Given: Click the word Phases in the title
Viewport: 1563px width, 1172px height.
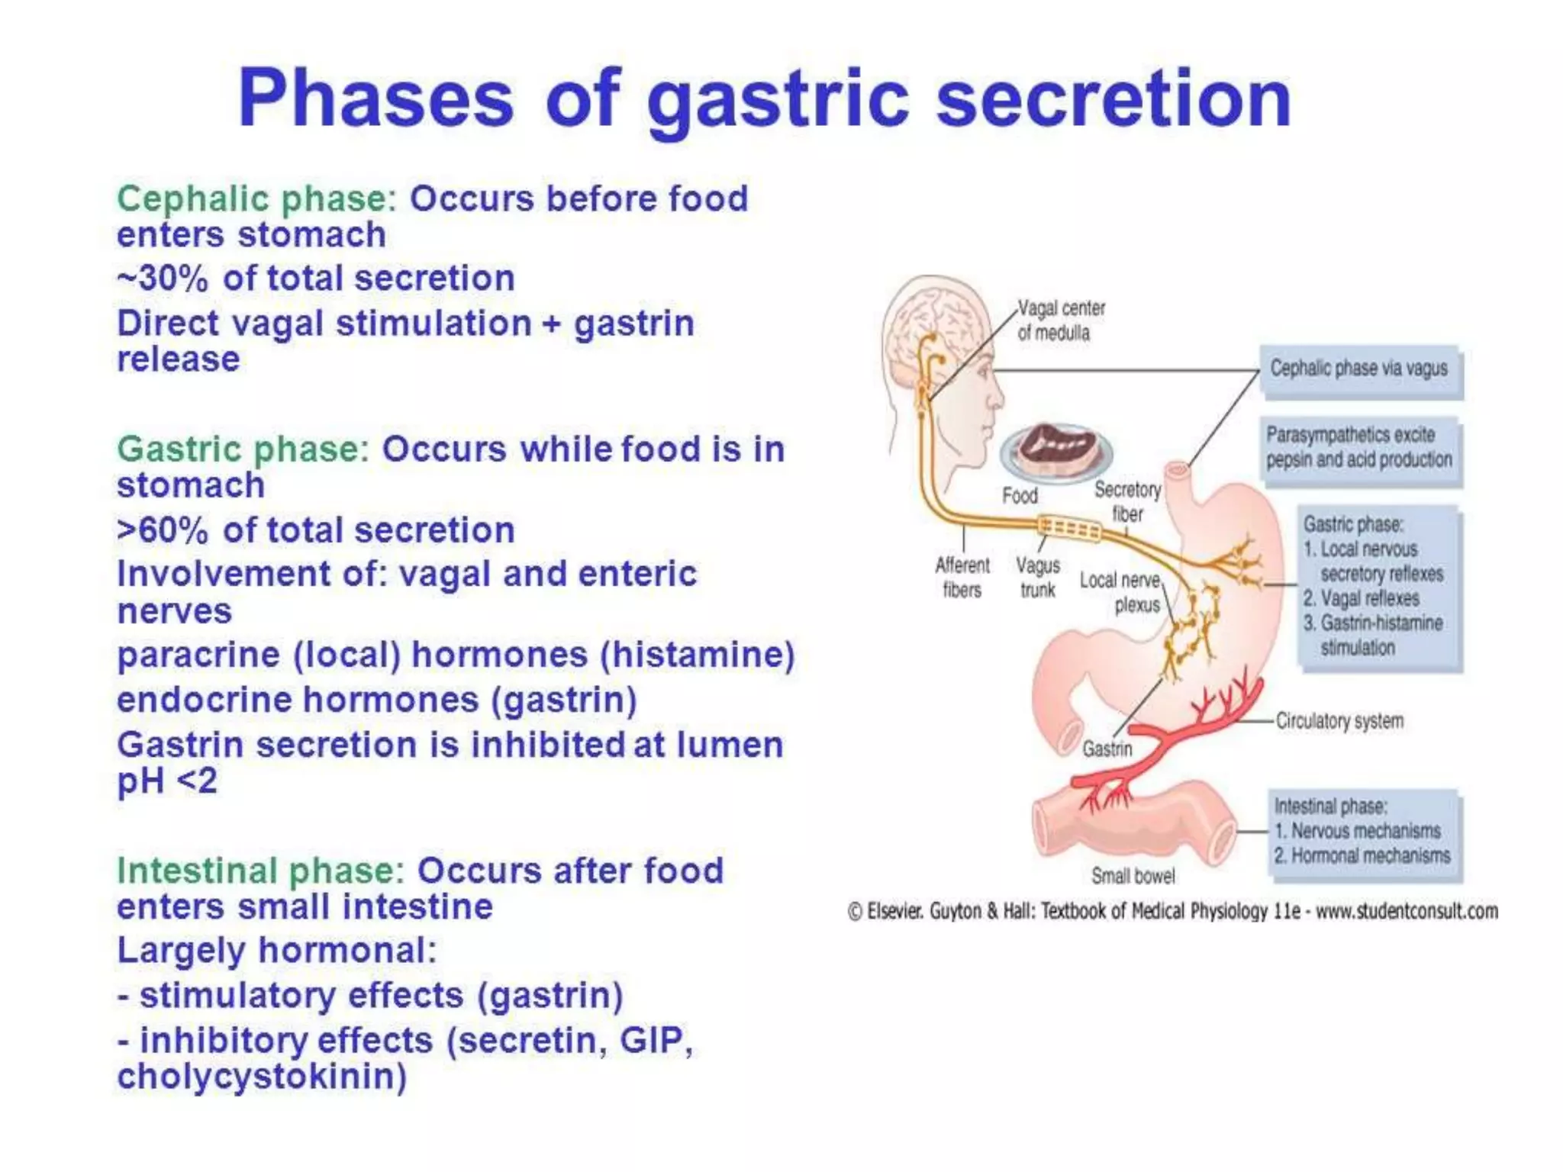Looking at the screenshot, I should tap(375, 99).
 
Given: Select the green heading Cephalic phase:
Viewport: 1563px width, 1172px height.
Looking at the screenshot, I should tap(256, 199).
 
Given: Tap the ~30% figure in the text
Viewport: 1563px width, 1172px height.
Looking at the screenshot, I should tap(162, 279).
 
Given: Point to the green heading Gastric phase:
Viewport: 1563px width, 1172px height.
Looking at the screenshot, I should tap(243, 449).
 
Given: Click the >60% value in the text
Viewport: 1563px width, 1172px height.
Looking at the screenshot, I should tap(162, 530).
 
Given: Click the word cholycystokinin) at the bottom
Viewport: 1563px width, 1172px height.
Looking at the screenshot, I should tap(262, 1077).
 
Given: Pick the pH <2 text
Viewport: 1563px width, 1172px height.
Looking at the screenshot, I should tap(167, 781).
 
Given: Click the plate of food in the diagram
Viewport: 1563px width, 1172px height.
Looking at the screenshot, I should tap(1057, 452).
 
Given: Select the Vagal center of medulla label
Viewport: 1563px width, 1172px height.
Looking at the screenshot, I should tap(1060, 320).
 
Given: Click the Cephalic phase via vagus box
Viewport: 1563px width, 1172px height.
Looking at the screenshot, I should tap(1359, 371).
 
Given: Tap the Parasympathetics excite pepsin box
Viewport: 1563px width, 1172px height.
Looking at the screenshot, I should tap(1359, 449).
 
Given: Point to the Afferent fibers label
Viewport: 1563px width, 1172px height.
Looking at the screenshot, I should tap(962, 578).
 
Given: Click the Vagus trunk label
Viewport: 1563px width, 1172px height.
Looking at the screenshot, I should tap(1037, 578).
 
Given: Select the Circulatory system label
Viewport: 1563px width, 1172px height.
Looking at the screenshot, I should tap(1339, 721).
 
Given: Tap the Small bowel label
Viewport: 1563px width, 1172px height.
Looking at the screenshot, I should tap(1133, 876).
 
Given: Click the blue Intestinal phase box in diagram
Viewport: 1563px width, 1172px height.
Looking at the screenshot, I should tap(1362, 832).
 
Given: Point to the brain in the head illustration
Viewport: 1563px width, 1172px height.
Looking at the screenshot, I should tap(935, 320).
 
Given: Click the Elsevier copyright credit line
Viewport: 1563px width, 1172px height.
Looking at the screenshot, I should tap(1173, 911).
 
